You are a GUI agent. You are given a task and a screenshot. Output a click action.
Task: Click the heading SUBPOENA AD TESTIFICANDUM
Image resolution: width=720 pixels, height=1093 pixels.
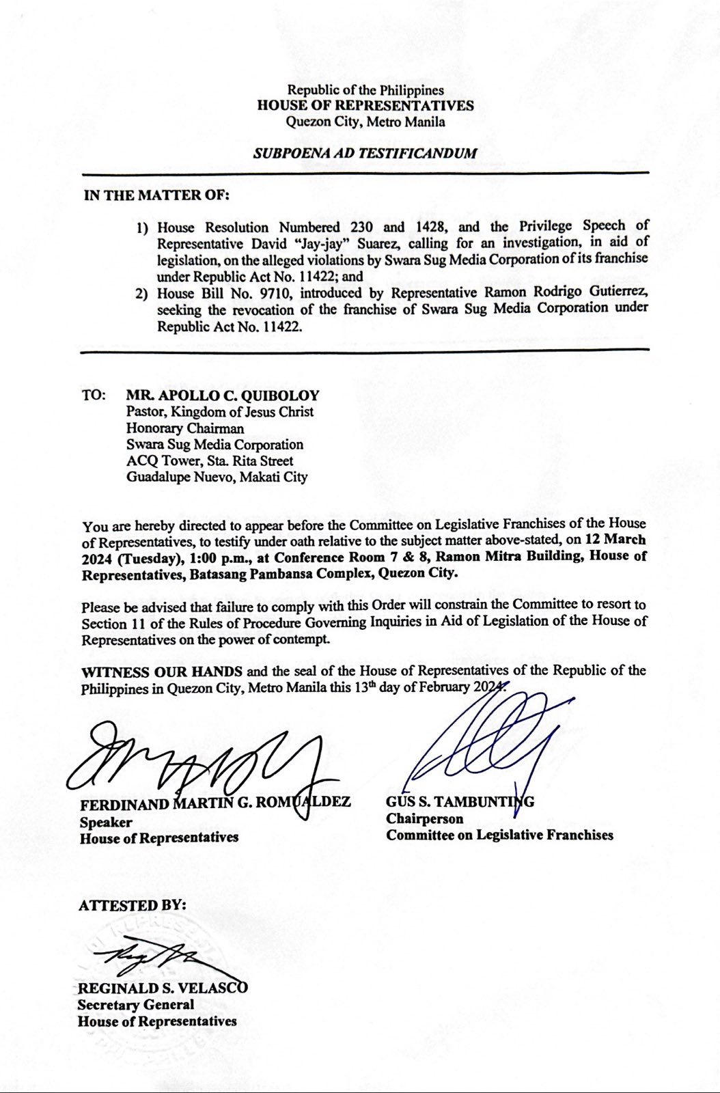pos(365,153)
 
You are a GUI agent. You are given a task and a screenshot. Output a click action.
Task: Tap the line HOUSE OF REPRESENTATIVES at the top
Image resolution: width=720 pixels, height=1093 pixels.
pos(365,106)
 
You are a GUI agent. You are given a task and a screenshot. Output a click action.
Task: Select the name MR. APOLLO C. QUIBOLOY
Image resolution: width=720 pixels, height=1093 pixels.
pos(223,396)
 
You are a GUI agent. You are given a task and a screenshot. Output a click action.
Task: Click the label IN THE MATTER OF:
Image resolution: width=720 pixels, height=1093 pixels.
pos(156,195)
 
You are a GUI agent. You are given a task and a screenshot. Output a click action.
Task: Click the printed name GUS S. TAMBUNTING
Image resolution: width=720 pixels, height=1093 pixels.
pos(460,802)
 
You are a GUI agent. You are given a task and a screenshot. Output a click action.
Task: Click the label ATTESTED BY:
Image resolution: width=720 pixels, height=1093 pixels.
pos(132,906)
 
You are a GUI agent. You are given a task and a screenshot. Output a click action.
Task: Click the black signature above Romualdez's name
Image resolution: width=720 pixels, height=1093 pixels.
pos(198,758)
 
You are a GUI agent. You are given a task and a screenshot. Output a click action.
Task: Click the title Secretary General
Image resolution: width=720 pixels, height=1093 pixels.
pos(135,1005)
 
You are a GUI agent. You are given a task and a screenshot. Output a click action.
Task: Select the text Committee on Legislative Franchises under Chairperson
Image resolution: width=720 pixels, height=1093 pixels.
pos(499,835)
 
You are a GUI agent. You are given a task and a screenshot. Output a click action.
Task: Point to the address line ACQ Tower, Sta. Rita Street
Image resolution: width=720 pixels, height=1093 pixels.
pos(210,461)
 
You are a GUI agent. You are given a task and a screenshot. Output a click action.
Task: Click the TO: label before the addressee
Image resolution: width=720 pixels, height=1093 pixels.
pos(94,396)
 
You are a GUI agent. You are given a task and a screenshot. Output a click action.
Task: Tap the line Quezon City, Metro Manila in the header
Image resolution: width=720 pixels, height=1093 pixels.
pos(365,122)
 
